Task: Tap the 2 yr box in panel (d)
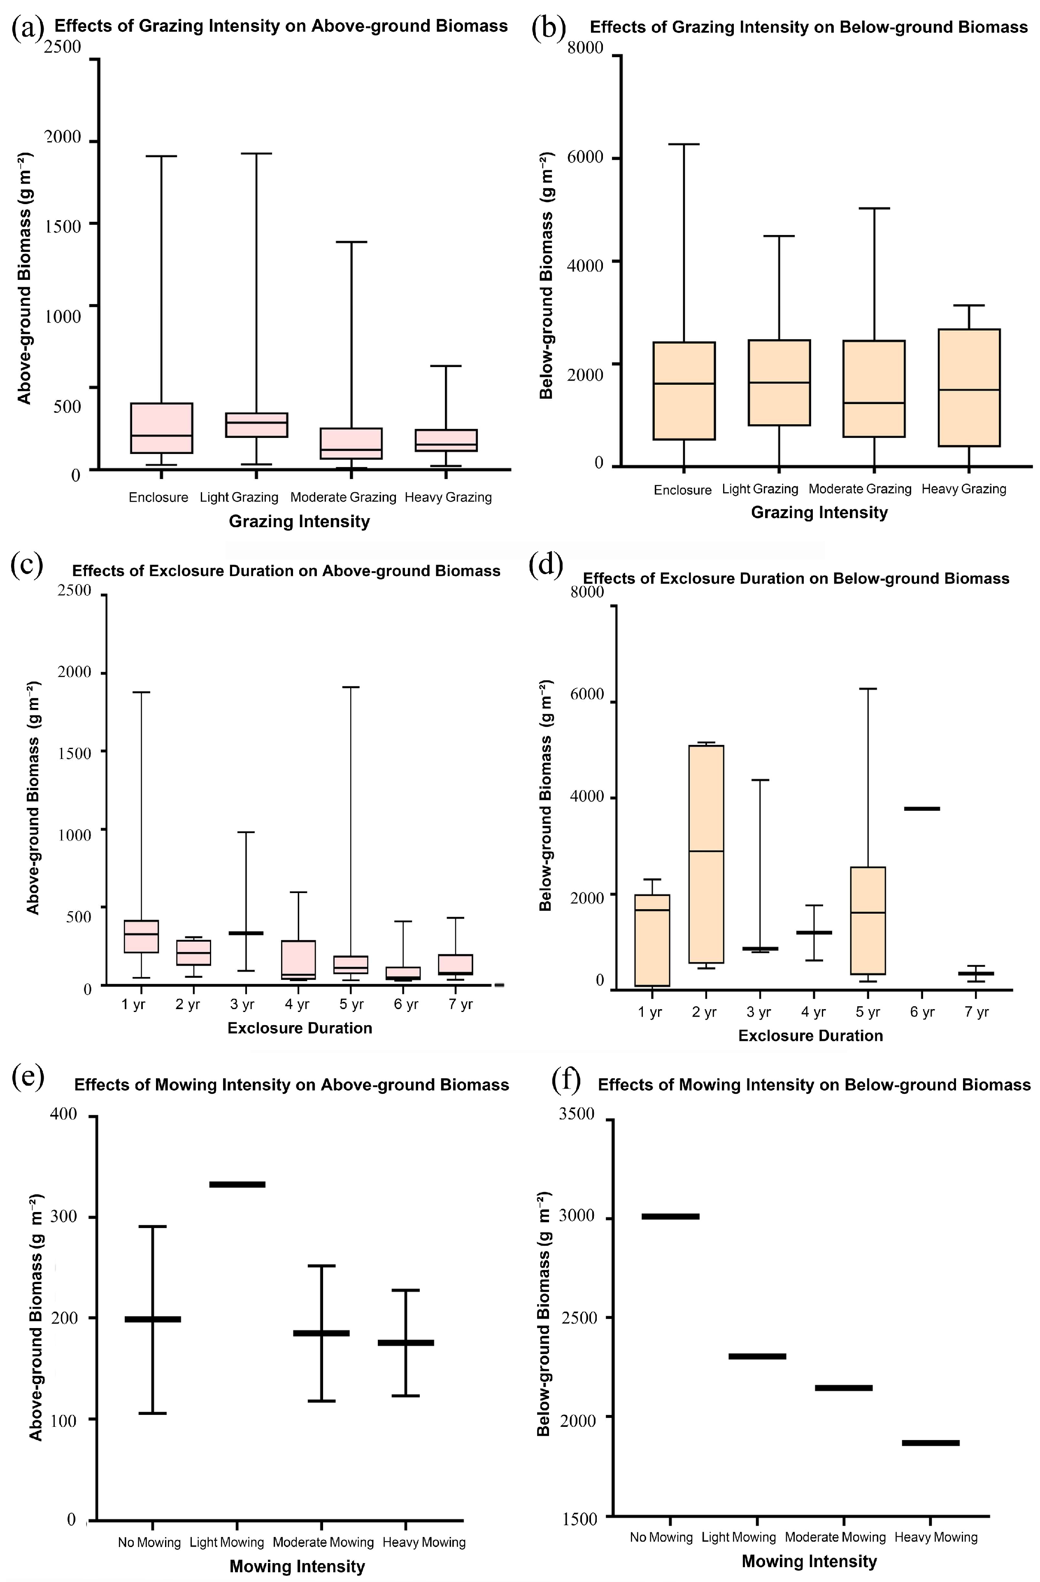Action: tap(706, 854)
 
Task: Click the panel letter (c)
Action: tap(28, 565)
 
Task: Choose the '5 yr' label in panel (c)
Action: tap(351, 1004)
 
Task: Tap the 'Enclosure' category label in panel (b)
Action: tap(682, 490)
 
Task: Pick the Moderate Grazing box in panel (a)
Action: tap(351, 443)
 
